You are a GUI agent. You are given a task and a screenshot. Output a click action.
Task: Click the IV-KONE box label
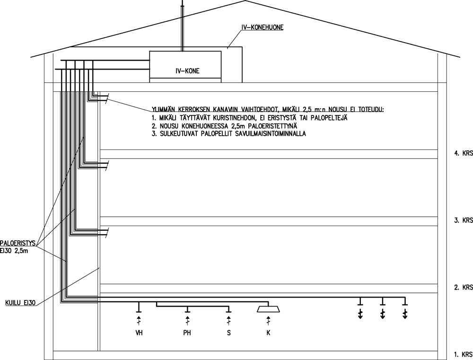(x=187, y=71)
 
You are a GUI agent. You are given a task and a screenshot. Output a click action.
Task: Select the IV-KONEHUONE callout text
(x=262, y=27)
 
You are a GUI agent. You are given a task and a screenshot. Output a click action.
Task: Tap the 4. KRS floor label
(x=464, y=153)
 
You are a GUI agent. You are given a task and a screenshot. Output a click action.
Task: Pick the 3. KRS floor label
(x=464, y=220)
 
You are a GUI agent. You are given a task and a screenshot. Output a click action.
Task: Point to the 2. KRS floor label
(x=464, y=287)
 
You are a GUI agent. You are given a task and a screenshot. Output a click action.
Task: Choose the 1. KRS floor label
(x=464, y=354)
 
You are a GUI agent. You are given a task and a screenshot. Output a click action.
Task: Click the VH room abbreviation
(x=139, y=333)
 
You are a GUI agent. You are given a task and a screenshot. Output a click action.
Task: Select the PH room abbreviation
(x=187, y=333)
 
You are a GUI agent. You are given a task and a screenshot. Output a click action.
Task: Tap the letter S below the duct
(x=229, y=333)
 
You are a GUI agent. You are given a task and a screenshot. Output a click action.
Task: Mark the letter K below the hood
(x=269, y=333)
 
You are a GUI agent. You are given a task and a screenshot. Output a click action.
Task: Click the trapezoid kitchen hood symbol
(x=268, y=309)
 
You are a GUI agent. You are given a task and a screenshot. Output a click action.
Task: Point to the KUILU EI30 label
(x=20, y=303)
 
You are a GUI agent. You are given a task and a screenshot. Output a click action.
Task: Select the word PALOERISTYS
(x=18, y=243)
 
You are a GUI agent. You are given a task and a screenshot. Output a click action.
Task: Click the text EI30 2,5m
(x=14, y=250)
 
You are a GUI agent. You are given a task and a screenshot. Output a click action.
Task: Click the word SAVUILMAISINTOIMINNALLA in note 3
(x=270, y=134)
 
